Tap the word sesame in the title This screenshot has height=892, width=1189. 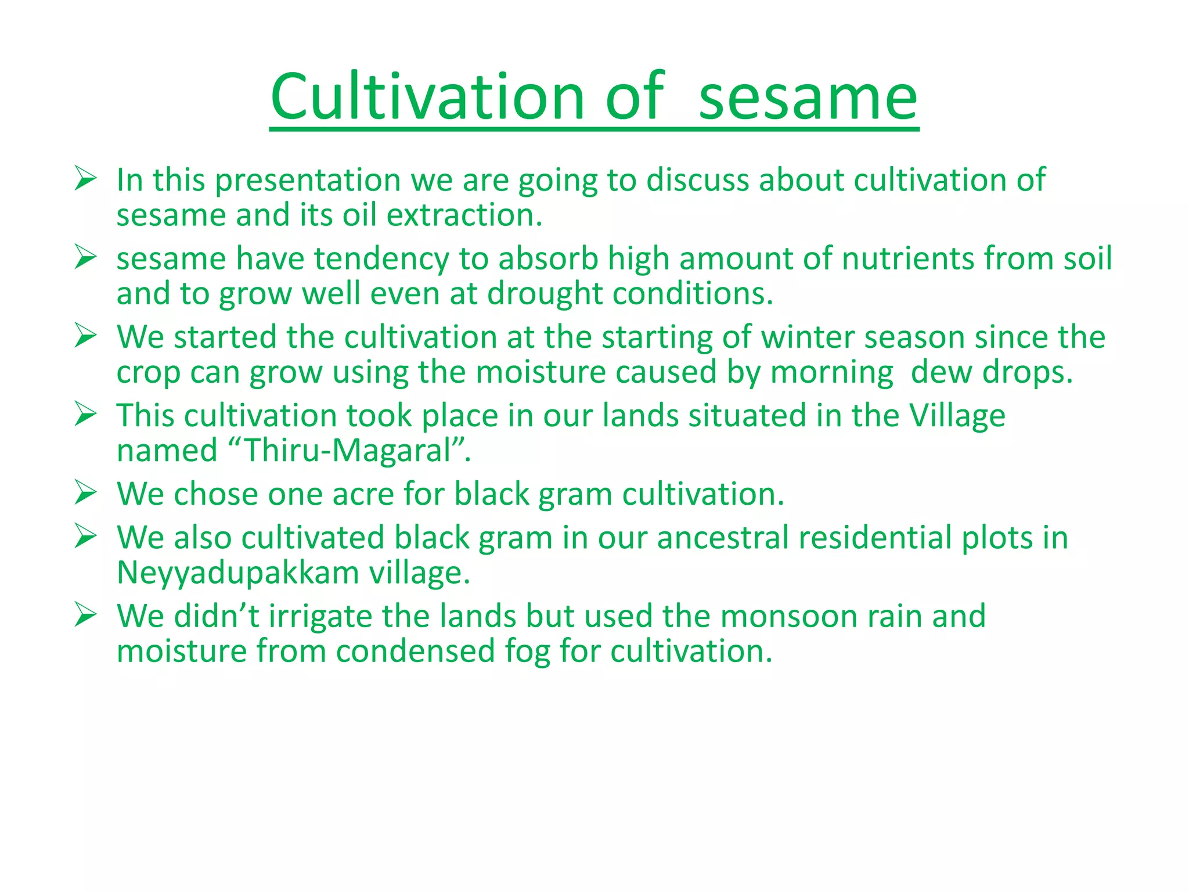click(x=808, y=98)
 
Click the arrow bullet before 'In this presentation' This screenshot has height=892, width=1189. click(x=85, y=178)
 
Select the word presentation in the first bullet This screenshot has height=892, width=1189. click(x=308, y=181)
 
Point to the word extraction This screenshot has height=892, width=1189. click(x=464, y=215)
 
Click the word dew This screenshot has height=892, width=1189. click(x=941, y=372)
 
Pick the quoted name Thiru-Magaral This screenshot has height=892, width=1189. click(x=348, y=451)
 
